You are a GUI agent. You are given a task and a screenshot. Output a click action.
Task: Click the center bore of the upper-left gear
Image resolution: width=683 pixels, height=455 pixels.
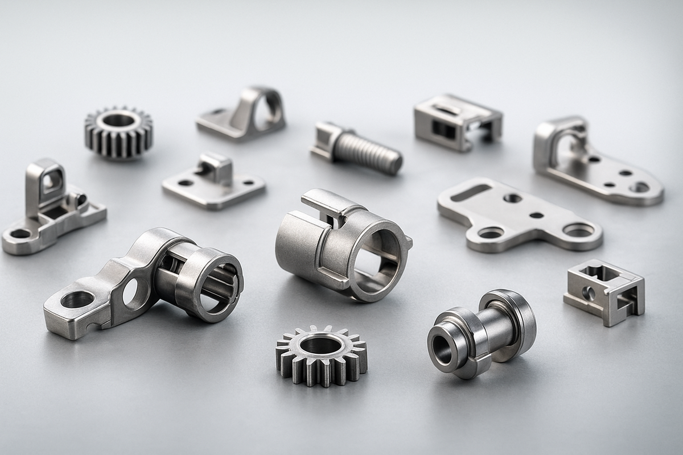(118, 120)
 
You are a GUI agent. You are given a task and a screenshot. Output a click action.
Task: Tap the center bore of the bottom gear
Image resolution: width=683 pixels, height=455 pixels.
(320, 344)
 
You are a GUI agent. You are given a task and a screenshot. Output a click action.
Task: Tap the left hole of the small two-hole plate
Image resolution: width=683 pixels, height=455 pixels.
(186, 183)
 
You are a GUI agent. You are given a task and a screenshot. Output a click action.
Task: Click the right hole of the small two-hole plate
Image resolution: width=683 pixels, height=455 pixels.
(248, 183)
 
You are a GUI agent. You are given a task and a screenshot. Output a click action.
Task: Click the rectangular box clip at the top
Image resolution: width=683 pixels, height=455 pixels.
(457, 122)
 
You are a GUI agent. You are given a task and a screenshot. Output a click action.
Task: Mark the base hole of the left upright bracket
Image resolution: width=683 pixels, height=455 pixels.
(20, 233)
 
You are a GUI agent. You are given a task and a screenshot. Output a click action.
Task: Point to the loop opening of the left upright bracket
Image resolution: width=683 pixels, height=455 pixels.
(52, 181)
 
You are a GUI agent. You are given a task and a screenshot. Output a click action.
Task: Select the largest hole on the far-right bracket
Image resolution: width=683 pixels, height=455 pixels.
(639, 187)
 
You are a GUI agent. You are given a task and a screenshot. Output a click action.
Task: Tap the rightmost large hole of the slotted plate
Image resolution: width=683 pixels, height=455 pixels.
(578, 230)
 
